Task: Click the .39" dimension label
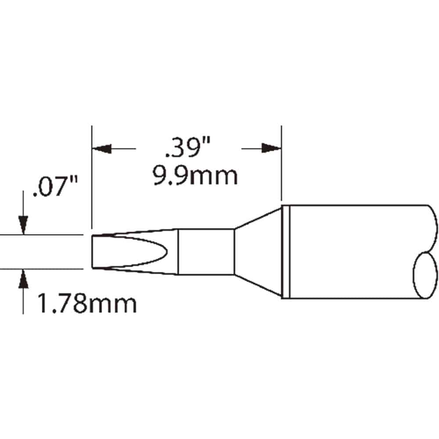187,147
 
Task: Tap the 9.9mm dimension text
195,176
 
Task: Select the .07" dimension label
55,186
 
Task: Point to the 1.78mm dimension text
87,303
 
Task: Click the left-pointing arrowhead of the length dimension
102,149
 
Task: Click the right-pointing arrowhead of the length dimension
271,148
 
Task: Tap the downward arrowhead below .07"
23,225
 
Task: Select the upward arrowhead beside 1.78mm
23,279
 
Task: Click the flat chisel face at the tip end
93,252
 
